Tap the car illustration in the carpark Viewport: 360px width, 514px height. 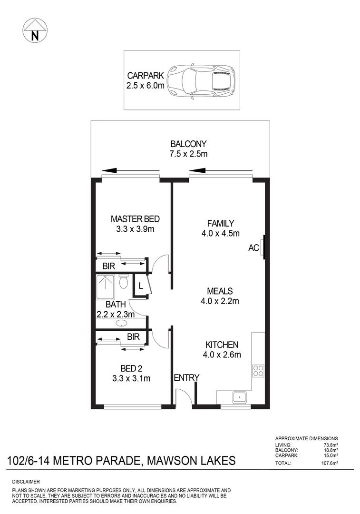[202, 80]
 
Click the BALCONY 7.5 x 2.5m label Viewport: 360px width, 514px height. [188, 149]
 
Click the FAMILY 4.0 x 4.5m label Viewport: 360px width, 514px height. [220, 228]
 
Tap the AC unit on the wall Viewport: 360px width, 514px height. [262, 248]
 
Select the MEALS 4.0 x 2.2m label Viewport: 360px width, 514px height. [219, 296]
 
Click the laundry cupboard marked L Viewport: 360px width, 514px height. [141, 287]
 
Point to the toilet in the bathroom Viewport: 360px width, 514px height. [124, 282]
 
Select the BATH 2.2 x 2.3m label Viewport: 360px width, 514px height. [116, 309]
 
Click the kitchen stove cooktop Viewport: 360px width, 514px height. [258, 370]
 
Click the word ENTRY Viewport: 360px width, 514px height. [186, 378]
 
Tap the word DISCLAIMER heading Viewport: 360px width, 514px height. [26, 482]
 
